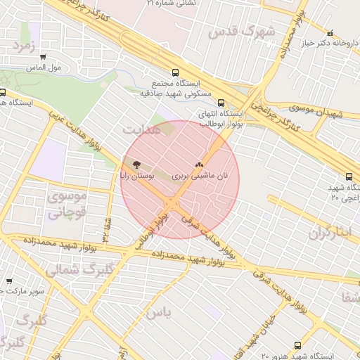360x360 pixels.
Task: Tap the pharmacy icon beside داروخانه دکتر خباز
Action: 330,33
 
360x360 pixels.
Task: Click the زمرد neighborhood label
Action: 21,46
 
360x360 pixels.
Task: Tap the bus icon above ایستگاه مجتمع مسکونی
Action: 174,72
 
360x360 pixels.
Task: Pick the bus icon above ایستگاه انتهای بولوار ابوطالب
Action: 221,102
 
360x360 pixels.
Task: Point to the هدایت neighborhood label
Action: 141,130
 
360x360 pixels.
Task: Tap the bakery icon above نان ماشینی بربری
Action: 208,164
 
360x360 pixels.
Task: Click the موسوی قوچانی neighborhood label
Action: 66,205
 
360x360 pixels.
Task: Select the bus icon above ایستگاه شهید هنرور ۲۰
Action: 297,345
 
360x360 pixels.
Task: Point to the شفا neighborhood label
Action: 349,297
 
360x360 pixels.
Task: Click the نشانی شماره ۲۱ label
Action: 172,4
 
